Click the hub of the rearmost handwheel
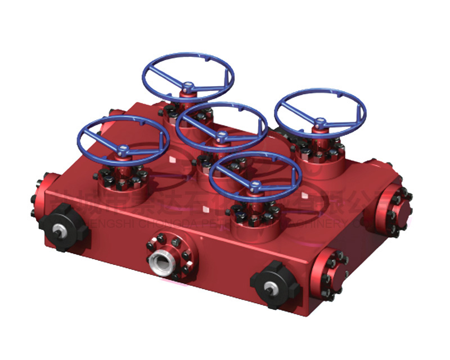pyautogui.click(x=188, y=87)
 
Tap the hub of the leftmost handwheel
pyautogui.click(x=124, y=150)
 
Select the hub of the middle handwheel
pyautogui.click(x=223, y=136)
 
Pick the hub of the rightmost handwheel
pyautogui.click(x=320, y=121)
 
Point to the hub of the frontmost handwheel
pyautogui.click(x=256, y=184)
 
